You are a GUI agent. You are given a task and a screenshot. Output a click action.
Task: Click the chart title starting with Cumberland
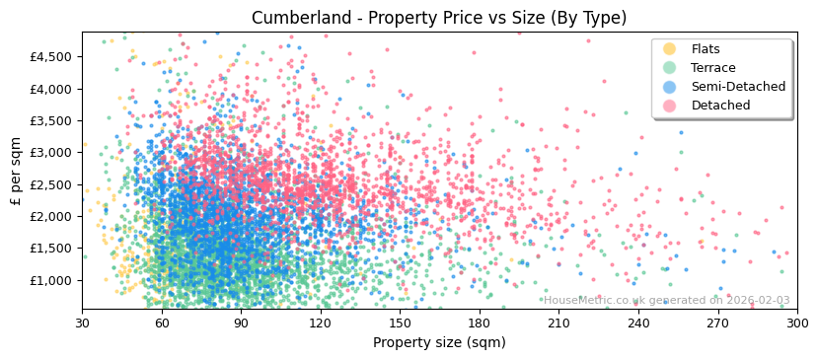439,18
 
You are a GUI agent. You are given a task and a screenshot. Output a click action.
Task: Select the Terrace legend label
713,68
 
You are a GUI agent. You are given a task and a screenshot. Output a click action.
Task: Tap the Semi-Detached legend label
738,87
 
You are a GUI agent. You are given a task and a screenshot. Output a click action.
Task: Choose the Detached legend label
720,106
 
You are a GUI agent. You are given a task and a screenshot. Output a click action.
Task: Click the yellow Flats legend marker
670,49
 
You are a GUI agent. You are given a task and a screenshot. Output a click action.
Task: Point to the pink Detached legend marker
670,106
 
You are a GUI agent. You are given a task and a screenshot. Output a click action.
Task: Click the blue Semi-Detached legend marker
670,87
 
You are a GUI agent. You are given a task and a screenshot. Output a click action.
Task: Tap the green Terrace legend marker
670,68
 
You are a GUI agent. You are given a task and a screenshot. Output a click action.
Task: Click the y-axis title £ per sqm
16,171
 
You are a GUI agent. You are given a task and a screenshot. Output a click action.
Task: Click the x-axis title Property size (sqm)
439,342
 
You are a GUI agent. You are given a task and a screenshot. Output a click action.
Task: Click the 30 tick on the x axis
82,323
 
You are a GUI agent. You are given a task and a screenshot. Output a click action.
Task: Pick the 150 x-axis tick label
400,323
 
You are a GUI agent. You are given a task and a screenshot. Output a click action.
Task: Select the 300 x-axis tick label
797,323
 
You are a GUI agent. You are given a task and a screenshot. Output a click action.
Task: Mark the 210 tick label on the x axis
558,323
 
